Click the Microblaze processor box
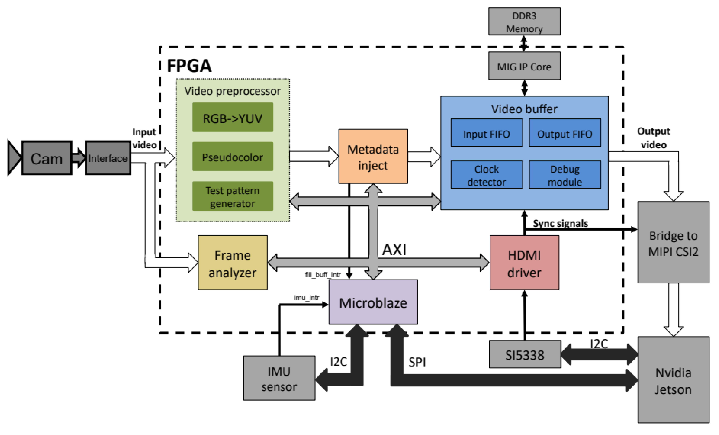coord(373,302)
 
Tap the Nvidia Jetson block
coord(673,380)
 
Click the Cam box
coord(47,158)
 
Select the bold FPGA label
coord(189,66)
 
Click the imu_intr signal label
coord(306,298)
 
